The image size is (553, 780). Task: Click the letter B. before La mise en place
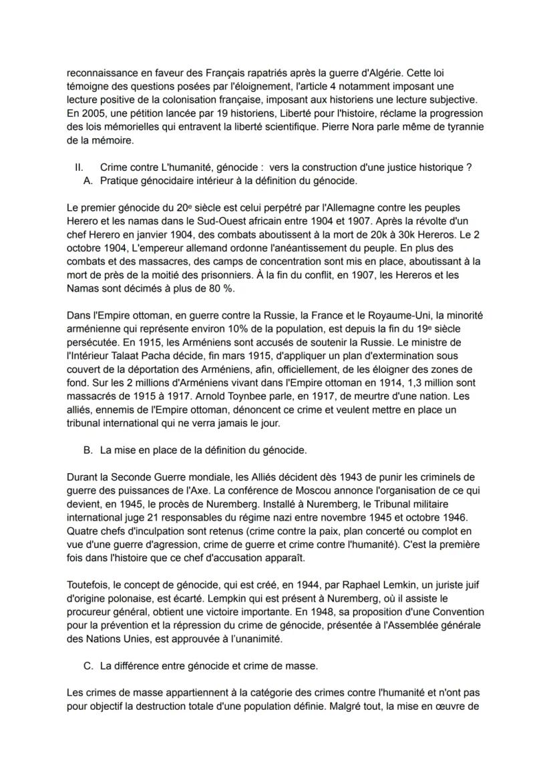coord(88,450)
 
